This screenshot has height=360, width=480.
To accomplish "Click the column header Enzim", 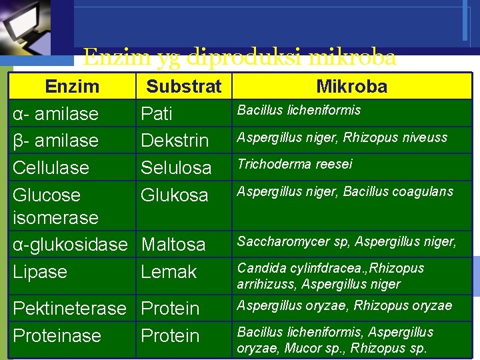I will (72, 87).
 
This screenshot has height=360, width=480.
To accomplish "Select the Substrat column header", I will (184, 87).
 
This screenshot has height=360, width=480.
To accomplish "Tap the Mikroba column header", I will (351, 87).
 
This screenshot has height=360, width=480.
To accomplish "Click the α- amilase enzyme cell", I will (56, 114).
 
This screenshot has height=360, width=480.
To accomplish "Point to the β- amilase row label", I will (56, 141).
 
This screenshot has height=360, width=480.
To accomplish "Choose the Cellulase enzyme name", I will (51, 167).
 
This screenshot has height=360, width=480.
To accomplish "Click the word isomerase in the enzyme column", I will (56, 218).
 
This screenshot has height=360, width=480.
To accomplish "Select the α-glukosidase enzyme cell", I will (70, 245).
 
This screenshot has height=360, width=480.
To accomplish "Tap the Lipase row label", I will (40, 272).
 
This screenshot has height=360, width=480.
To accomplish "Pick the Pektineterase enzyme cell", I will (70, 309).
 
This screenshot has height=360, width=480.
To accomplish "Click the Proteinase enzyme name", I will (57, 336).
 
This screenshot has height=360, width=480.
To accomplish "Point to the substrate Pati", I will (157, 114).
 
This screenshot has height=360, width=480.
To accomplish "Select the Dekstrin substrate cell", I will (175, 141).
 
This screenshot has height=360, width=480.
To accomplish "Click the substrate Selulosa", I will (176, 167).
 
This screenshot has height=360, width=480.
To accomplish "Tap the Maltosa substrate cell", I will (173, 245).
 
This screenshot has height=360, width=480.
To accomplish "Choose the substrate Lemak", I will (169, 272).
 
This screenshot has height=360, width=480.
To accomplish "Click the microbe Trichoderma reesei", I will (295, 164).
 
